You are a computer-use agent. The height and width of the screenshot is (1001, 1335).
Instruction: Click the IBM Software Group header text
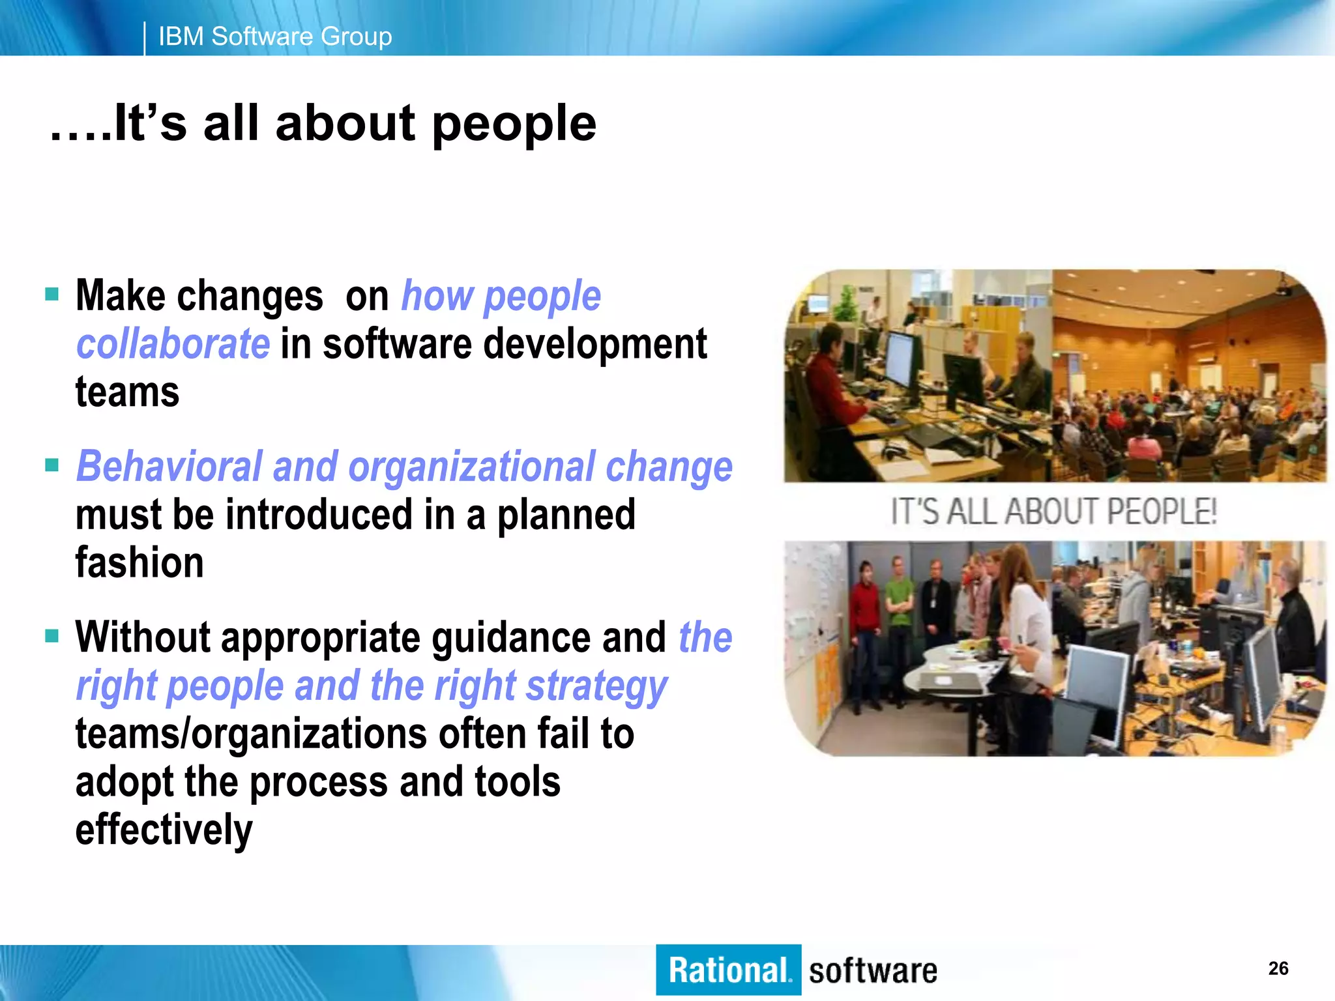tap(274, 36)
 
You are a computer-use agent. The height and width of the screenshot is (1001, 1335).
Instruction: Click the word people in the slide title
tap(514, 124)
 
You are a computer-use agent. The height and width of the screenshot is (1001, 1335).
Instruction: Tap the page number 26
tap(1278, 968)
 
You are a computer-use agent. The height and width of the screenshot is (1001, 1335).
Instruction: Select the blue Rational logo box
tap(728, 970)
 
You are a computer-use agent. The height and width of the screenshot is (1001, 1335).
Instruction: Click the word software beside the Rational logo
tap(873, 971)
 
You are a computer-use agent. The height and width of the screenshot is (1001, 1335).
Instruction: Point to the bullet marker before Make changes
tap(52, 295)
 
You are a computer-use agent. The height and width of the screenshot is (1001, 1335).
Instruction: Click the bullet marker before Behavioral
tap(52, 465)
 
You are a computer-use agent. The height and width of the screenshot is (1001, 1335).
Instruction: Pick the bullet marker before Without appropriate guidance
tap(52, 635)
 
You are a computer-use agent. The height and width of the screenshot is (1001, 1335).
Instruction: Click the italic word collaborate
tap(173, 344)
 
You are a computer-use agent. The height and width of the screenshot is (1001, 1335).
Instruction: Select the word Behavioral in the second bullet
tap(168, 467)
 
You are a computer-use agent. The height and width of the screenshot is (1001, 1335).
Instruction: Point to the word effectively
tap(164, 830)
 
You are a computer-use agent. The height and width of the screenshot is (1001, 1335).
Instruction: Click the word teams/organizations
tap(251, 734)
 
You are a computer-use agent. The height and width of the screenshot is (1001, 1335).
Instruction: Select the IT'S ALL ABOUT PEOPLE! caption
tap(1053, 511)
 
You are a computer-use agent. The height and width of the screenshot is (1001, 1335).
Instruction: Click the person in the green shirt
tap(900, 600)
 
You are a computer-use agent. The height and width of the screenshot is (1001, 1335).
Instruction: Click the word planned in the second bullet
tap(566, 515)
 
